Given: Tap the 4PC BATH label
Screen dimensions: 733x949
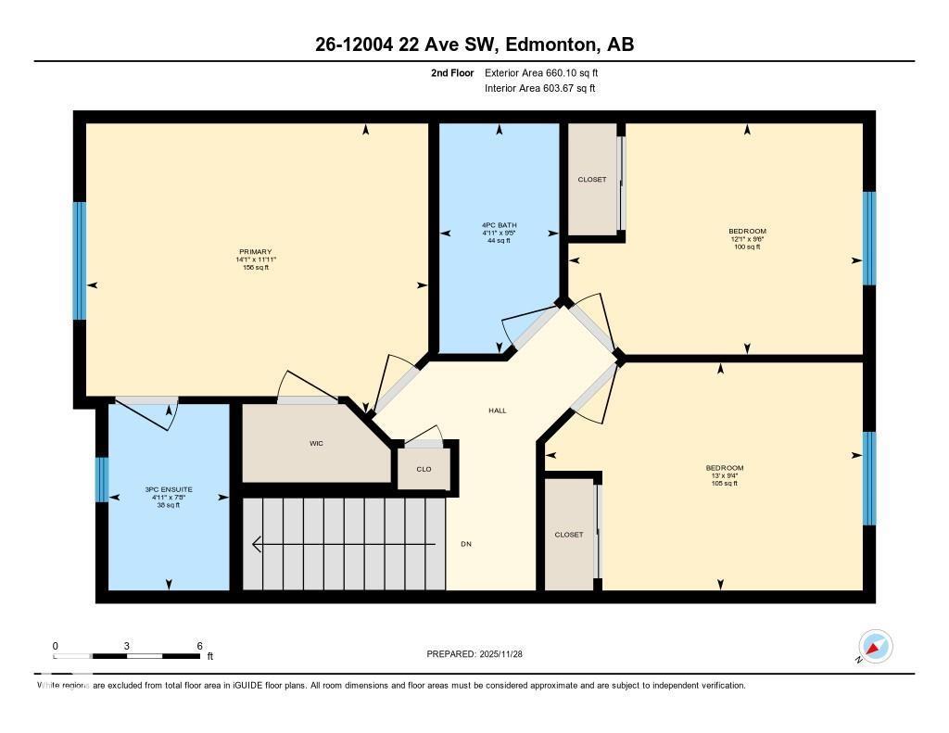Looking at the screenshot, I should (x=500, y=225).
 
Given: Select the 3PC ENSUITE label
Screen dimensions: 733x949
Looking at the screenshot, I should (x=168, y=488).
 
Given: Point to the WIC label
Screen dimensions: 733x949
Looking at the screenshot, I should (x=316, y=443).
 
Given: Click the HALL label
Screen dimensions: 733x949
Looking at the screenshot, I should (x=498, y=411).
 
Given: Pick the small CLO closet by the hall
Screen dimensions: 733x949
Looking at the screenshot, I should (x=424, y=469).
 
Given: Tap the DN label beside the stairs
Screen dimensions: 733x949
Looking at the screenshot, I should (x=466, y=544).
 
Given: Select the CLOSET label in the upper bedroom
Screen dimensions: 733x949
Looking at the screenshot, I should (x=592, y=180).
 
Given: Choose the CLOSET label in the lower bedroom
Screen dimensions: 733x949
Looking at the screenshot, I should (x=569, y=535).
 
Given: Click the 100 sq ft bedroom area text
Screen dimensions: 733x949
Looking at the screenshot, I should (x=747, y=247).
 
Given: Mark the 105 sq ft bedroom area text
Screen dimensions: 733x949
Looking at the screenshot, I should (x=724, y=484).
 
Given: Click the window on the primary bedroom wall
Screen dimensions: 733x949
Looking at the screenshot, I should (x=80, y=261).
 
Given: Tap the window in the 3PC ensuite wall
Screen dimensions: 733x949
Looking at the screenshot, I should (x=102, y=479).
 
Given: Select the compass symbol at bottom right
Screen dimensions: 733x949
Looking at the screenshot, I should (x=875, y=647).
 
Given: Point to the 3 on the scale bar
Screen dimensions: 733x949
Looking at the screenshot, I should (x=127, y=645).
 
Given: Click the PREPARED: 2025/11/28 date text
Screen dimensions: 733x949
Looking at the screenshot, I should (x=480, y=654).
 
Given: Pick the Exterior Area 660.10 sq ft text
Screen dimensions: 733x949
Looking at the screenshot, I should (x=548, y=72).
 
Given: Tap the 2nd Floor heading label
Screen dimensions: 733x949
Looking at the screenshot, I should (x=452, y=72).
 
